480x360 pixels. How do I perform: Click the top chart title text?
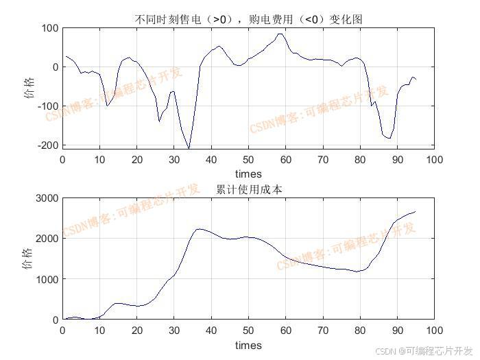248,20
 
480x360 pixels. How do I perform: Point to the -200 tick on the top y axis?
49,145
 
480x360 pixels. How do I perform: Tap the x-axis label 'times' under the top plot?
248,174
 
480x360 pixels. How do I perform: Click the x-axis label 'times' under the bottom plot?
248,345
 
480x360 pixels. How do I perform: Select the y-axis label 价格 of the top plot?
29,88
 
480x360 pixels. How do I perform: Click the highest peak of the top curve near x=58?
279,34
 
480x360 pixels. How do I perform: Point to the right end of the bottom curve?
416,212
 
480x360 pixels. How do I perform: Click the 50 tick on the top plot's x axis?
248,160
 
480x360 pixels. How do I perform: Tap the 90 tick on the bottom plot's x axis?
397,331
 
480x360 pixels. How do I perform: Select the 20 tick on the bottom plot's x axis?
136,331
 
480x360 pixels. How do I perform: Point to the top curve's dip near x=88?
389,139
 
